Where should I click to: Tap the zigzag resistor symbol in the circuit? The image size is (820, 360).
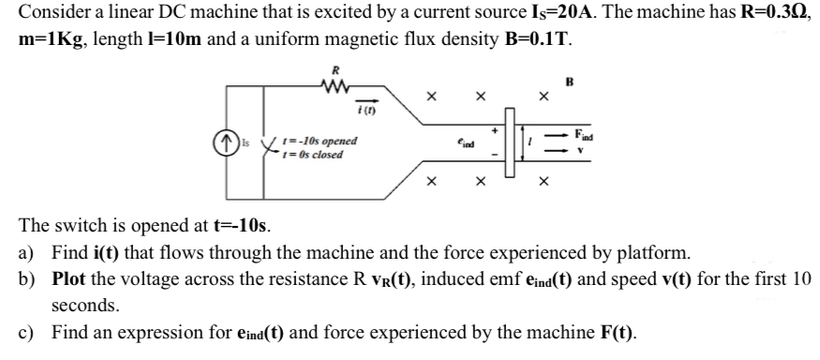(334, 88)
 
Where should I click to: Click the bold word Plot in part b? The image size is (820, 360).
(71, 279)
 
